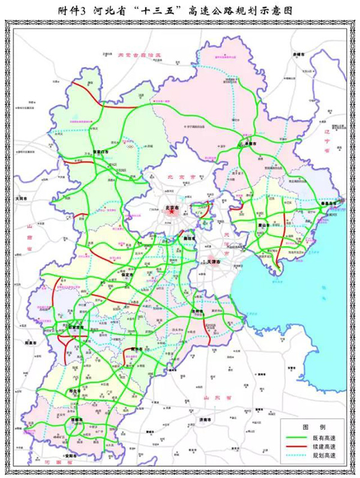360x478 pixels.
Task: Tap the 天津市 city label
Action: [215, 262]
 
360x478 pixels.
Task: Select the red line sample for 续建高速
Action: [298, 449]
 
